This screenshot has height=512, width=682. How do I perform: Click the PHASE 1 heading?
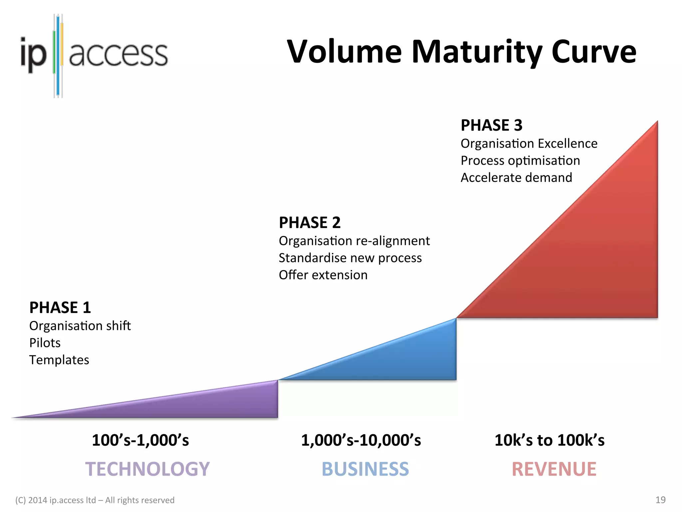[x=60, y=307]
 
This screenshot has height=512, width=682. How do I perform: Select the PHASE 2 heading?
[x=310, y=222]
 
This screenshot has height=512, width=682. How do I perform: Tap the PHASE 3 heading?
[x=492, y=125]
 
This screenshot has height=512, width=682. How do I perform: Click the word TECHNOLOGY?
[x=148, y=469]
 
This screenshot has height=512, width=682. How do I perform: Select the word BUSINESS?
[x=365, y=469]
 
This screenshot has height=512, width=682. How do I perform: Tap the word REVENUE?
[x=554, y=469]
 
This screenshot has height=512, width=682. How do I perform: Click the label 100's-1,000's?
[x=140, y=440]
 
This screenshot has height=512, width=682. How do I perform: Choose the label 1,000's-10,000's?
[x=361, y=440]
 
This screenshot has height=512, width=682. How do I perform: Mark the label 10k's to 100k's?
[x=549, y=440]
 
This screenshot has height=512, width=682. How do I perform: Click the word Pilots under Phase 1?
[x=45, y=343]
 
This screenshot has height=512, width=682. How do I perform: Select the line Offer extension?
[x=323, y=275]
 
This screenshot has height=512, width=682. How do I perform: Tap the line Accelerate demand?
[x=516, y=178]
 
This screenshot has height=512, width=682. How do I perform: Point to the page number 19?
[x=660, y=500]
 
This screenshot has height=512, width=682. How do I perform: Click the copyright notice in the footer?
[x=95, y=500]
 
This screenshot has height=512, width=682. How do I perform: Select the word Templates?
[x=59, y=360]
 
